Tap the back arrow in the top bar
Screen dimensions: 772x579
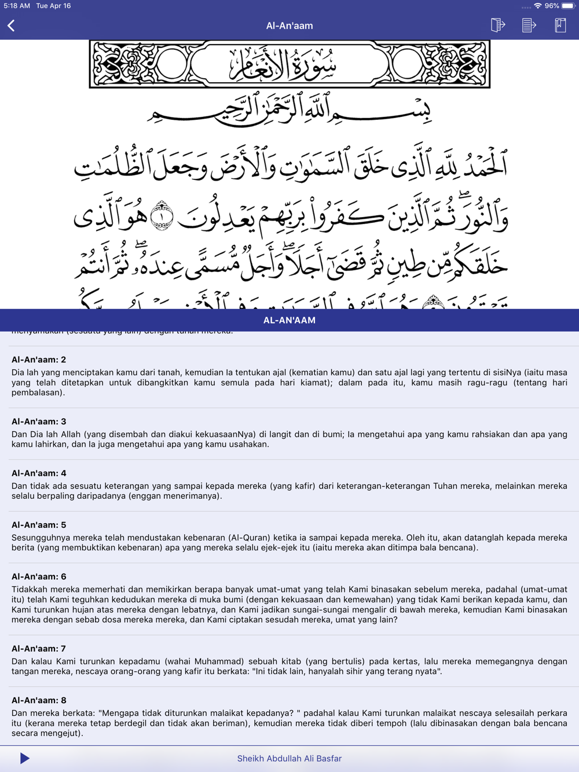point(11,25)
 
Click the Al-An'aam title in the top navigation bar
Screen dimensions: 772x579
point(289,25)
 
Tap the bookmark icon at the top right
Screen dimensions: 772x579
point(560,25)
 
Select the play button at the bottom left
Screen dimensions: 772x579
point(24,758)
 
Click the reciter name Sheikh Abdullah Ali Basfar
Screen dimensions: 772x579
point(289,758)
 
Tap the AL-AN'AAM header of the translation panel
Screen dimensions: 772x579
point(289,320)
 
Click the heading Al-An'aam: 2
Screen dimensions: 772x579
point(39,359)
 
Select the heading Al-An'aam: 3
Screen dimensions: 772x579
point(39,421)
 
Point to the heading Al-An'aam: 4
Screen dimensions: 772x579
point(39,473)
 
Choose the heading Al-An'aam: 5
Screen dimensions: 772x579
point(39,525)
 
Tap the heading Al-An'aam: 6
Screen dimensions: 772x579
point(39,576)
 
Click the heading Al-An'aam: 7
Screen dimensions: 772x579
point(39,649)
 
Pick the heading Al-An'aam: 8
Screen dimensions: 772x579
point(39,700)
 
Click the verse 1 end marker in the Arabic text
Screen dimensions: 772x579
point(162,216)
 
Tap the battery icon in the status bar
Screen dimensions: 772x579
point(568,6)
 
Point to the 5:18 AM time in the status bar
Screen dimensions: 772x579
point(16,6)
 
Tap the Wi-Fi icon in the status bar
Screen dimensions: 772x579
point(538,6)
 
